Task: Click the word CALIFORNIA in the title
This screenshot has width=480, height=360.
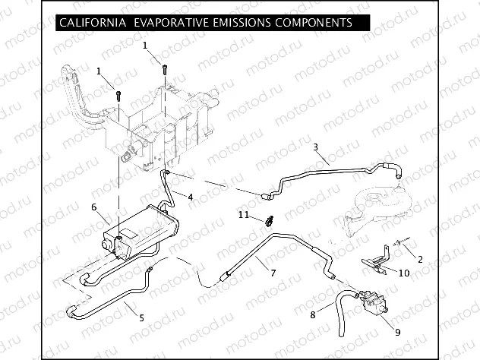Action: (91, 23)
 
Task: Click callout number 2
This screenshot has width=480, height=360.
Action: (420, 259)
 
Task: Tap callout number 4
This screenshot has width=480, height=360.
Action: (190, 197)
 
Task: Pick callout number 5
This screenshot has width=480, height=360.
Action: (141, 317)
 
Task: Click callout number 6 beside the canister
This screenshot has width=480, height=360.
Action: (93, 207)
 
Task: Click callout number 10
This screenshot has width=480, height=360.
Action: (404, 273)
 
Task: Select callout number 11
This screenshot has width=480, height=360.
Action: (245, 215)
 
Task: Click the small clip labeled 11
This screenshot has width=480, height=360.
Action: (270, 222)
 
